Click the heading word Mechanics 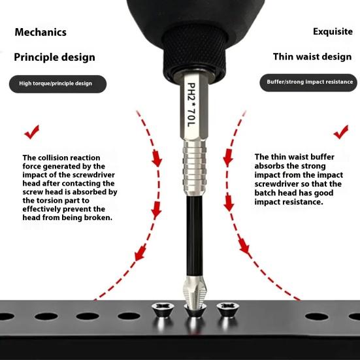pos(41,32)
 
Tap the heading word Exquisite pos(333,31)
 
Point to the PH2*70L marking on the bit pos(191,105)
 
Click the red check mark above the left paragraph pos(32,132)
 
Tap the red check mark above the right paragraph pos(341,132)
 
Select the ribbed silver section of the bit pos(194,168)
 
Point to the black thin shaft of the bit pos(194,235)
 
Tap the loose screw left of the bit pos(163,310)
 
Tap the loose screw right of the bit pos(227,310)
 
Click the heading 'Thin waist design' pos(312,57)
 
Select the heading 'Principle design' pos(54,57)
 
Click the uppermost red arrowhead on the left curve pos(157,158)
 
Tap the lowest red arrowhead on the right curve pos(244,246)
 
